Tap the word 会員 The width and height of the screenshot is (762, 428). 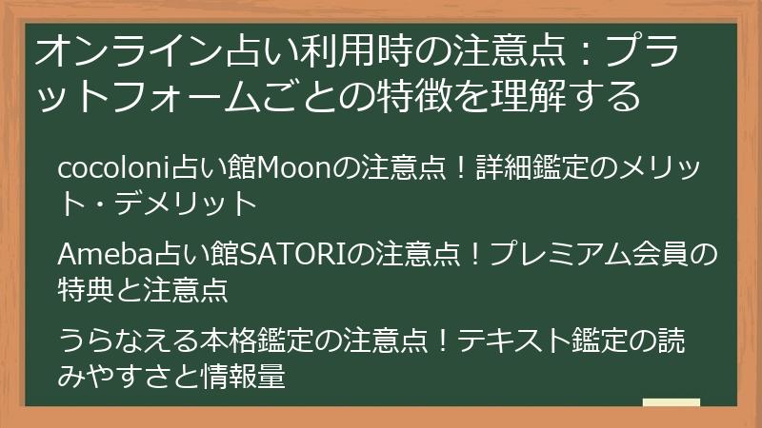[x=662, y=255]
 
